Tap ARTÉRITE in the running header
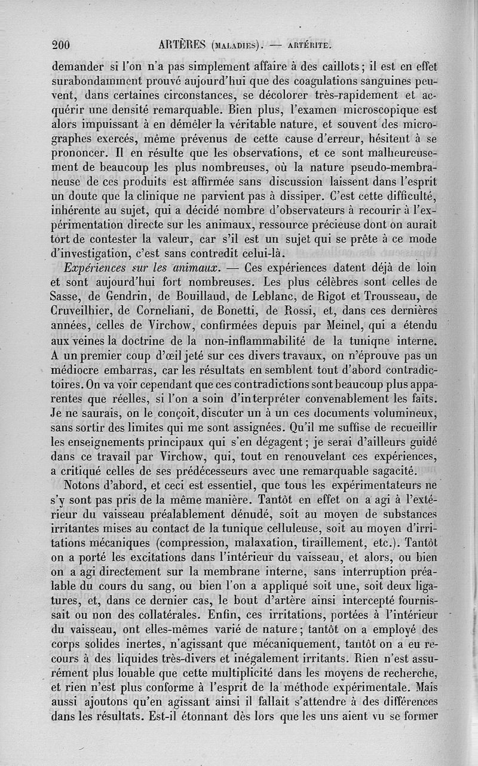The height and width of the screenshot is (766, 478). (x=309, y=44)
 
